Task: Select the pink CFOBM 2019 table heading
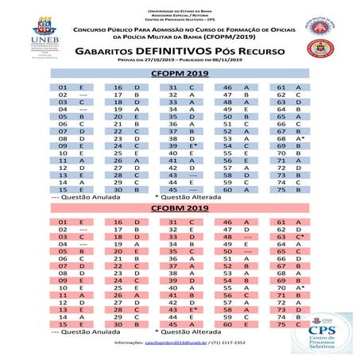point(180,208)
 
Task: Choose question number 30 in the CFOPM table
point(117,190)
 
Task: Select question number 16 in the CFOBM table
point(117,223)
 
